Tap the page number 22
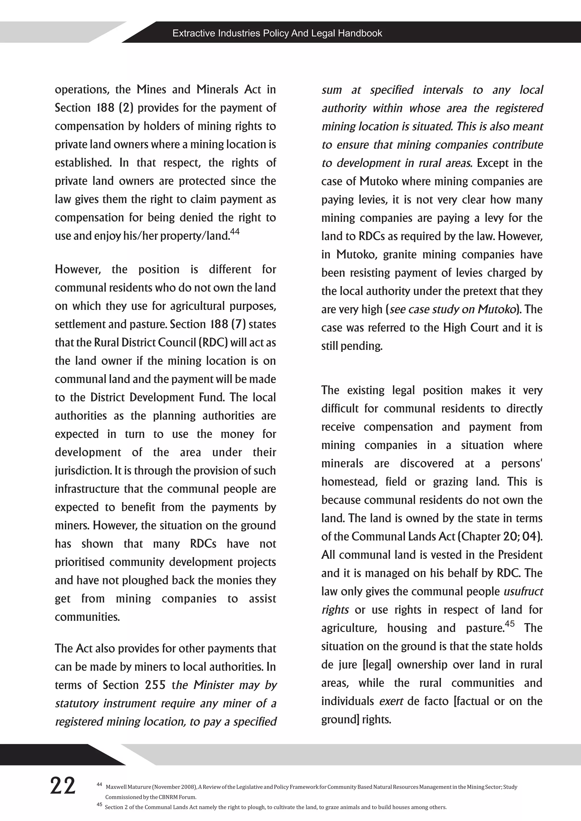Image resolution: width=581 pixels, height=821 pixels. [x=63, y=786]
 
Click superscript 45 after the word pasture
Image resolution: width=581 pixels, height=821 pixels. [x=510, y=624]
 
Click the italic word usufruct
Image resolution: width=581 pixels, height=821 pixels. [x=523, y=591]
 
